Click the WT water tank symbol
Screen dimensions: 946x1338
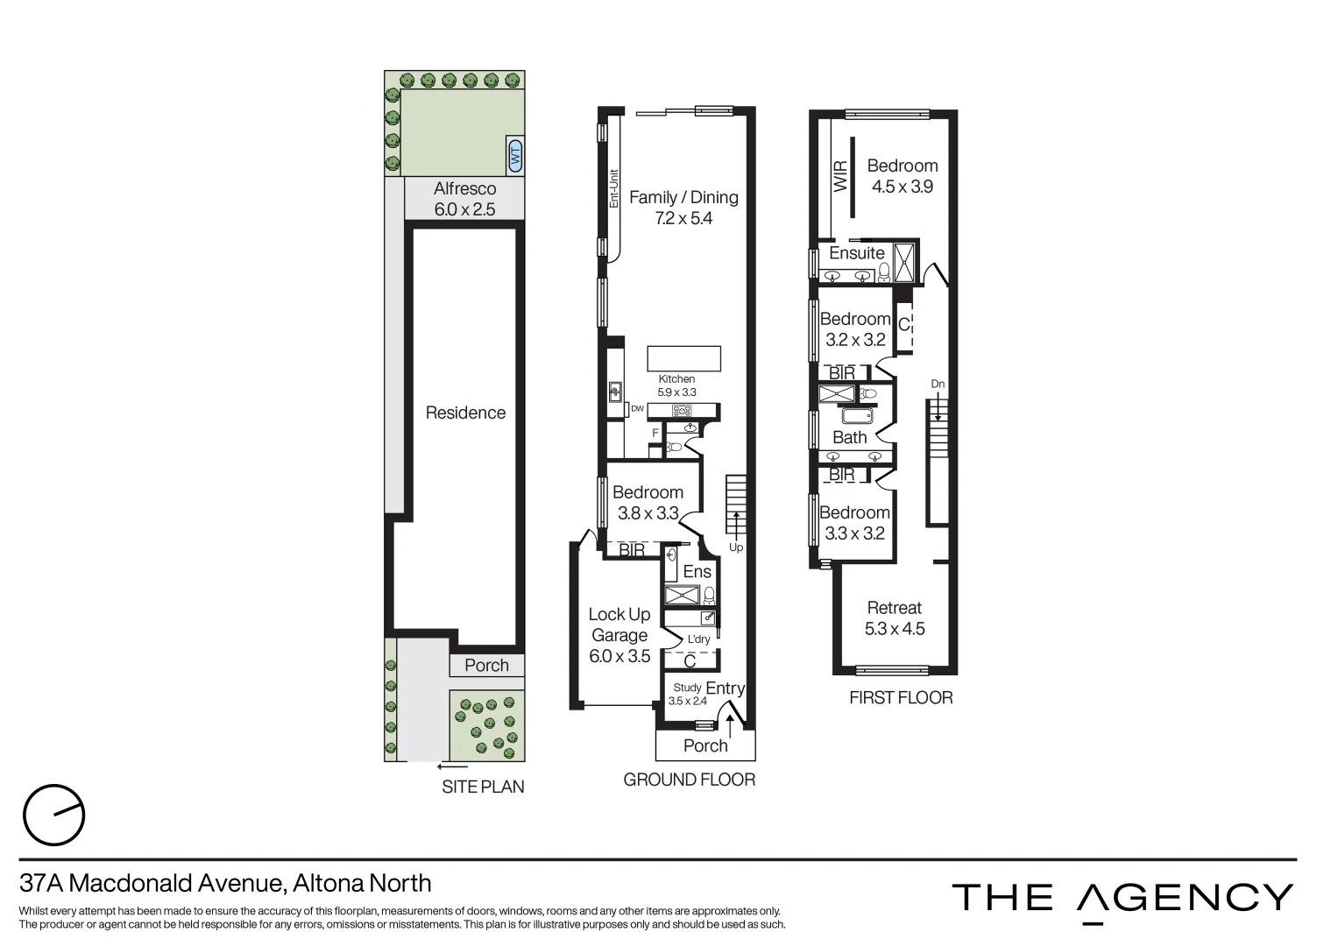click(x=514, y=156)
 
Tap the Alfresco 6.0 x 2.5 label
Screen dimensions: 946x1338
click(x=464, y=199)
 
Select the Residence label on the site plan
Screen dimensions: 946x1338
click(x=465, y=413)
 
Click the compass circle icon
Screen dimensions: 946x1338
click(x=53, y=815)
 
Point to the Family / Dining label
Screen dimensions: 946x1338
click(x=683, y=208)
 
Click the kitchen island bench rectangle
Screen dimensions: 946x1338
click(x=683, y=359)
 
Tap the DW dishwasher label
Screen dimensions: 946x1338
click(x=637, y=408)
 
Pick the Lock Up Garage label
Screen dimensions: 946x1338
click(x=619, y=635)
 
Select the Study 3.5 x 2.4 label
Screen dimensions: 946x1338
click(x=687, y=694)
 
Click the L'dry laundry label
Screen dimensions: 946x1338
click(x=698, y=639)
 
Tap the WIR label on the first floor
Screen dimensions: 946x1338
click(x=841, y=176)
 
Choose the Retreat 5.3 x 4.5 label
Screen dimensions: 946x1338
click(x=894, y=618)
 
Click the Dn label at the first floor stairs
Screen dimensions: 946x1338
click(x=938, y=384)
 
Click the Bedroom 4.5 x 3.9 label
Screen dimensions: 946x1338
click(x=902, y=175)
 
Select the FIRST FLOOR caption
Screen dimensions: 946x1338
click(x=901, y=697)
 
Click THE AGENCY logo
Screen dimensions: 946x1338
click(x=1122, y=899)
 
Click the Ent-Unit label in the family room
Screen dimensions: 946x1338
click(x=614, y=187)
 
